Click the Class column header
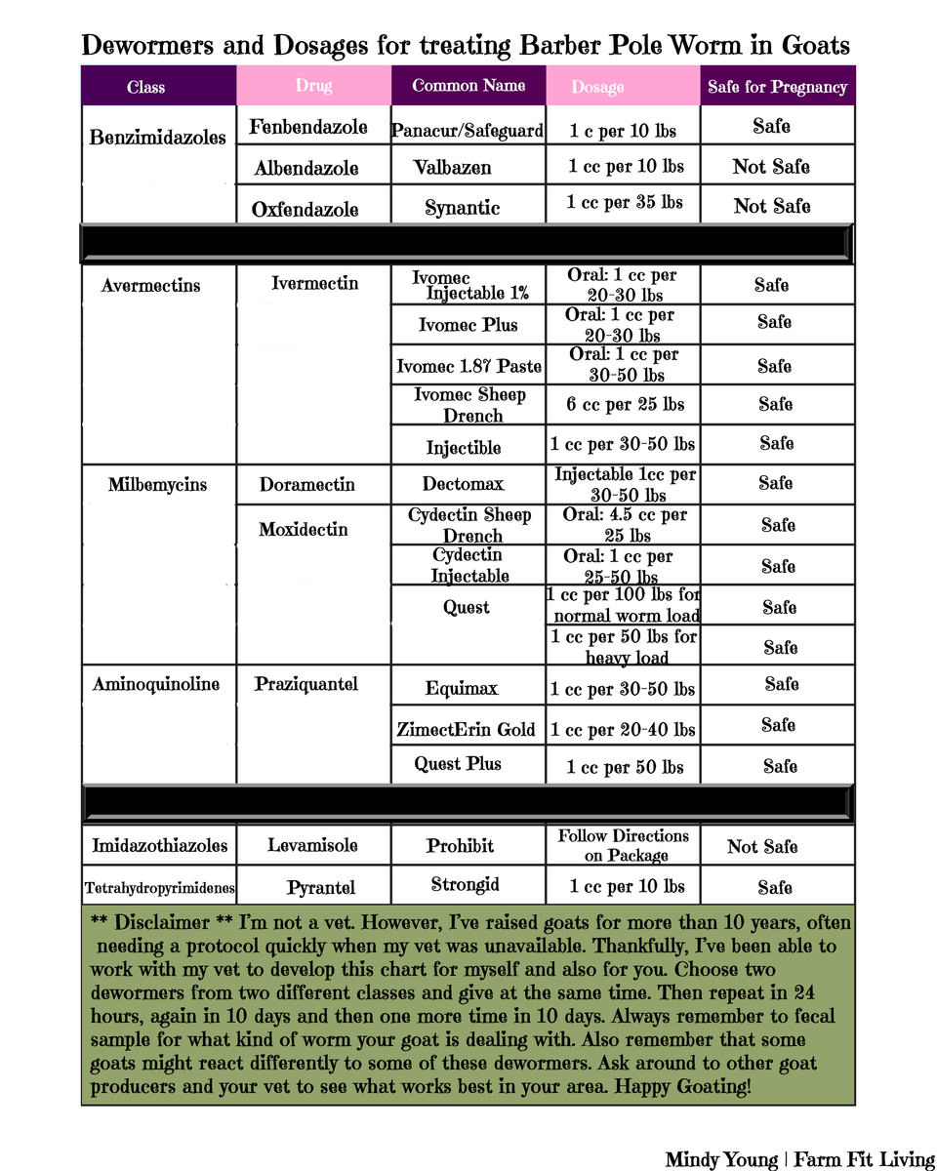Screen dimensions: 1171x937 [x=145, y=87]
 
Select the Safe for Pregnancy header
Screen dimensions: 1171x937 [x=777, y=87]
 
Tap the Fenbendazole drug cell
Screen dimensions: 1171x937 [x=308, y=127]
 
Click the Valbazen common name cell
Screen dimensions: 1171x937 [x=452, y=167]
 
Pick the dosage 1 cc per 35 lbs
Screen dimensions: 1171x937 [x=625, y=203]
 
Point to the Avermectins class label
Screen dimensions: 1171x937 [x=150, y=285]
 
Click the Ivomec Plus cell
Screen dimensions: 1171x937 [x=468, y=325]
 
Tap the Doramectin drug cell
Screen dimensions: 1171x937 [x=306, y=484]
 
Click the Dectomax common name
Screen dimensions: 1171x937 [x=463, y=484]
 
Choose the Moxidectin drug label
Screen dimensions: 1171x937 [x=304, y=529]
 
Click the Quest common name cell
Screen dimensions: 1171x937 [x=467, y=607]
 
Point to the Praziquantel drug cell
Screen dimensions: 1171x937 [x=306, y=684]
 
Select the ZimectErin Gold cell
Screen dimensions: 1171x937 [x=467, y=729]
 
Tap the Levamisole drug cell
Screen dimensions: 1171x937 [x=312, y=845]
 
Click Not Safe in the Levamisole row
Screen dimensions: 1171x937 [x=762, y=846]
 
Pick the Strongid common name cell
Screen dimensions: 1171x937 [x=466, y=884]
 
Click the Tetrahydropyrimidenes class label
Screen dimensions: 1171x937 [x=158, y=888]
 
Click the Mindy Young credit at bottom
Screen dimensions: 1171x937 [x=721, y=1159]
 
